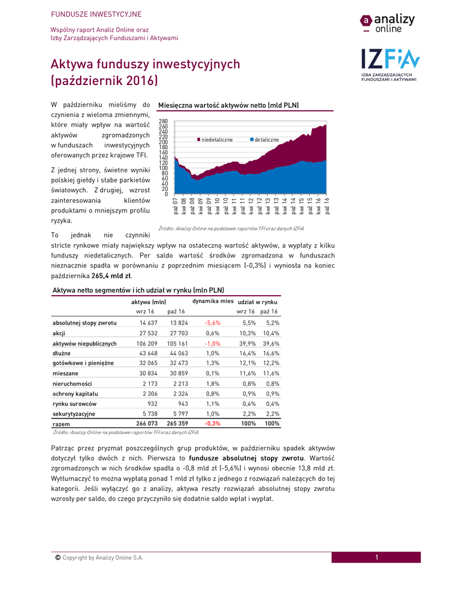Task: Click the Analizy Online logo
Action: pyautogui.click(x=387, y=23)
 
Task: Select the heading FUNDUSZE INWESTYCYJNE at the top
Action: pyautogui.click(x=96, y=14)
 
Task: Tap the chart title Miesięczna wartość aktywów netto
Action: pyautogui.click(x=228, y=105)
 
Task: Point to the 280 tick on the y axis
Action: pyautogui.click(x=163, y=122)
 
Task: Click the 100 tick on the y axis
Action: pyautogui.click(x=163, y=168)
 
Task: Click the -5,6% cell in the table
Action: pyautogui.click(x=212, y=323)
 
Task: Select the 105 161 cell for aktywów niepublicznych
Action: pyautogui.click(x=177, y=344)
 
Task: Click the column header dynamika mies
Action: pyautogui.click(x=212, y=301)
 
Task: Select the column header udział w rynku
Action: pyautogui.click(x=257, y=302)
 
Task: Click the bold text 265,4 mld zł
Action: pyautogui.click(x=112, y=276)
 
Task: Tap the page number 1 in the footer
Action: pyautogui.click(x=377, y=558)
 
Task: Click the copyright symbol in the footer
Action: pyautogui.click(x=58, y=558)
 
